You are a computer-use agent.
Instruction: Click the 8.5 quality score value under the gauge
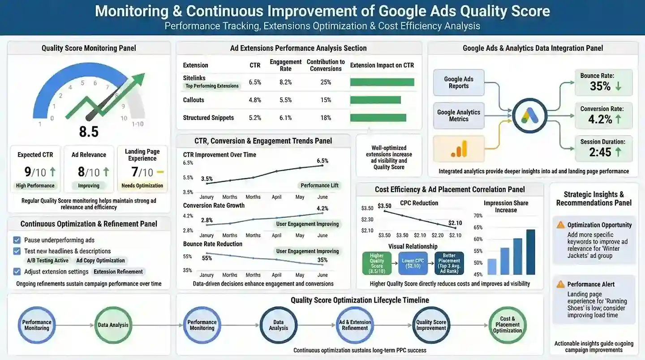click(x=89, y=132)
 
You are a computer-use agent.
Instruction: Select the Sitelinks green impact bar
click(x=382, y=82)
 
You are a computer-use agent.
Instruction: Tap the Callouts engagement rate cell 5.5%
click(x=285, y=100)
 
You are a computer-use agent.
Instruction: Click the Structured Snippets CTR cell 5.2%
click(x=255, y=118)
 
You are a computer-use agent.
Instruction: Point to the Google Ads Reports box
click(x=459, y=82)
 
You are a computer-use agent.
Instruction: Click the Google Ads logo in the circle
click(x=530, y=116)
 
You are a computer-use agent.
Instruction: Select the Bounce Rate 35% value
click(x=600, y=86)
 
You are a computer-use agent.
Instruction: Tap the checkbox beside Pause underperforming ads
click(x=17, y=240)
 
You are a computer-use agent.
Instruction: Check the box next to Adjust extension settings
click(x=17, y=271)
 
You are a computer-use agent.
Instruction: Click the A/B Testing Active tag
click(x=48, y=261)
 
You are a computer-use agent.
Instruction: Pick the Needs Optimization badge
click(x=142, y=186)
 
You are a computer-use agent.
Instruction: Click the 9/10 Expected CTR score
click(x=35, y=172)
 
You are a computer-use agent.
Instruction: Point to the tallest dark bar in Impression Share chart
click(x=531, y=252)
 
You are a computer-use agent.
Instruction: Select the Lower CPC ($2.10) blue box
click(x=413, y=263)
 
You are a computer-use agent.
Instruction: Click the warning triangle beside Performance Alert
click(x=560, y=284)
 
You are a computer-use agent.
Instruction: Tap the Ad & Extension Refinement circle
click(x=355, y=325)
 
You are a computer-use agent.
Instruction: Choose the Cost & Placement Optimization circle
click(x=507, y=325)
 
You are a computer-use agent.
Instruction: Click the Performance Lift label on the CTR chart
click(x=320, y=186)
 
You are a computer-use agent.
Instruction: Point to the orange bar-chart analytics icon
click(x=459, y=149)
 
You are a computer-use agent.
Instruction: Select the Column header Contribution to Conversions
click(x=326, y=65)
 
